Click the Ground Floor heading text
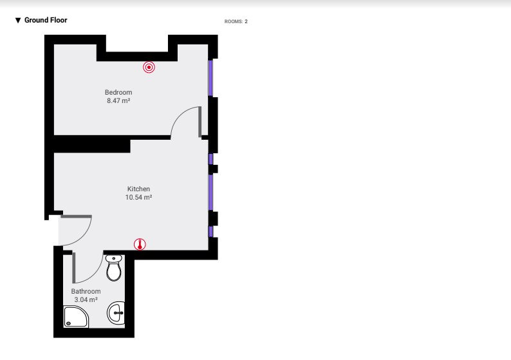46,20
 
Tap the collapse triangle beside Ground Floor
18,21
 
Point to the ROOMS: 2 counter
236,21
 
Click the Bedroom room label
118,92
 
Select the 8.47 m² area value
118,100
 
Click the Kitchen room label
138,189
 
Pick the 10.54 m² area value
138,197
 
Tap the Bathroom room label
86,291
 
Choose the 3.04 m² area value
86,299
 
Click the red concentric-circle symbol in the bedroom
149,67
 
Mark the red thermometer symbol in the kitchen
140,244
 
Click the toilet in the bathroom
114,268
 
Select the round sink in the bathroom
116,313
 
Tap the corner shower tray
76,317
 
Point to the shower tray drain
68,323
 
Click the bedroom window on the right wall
210,78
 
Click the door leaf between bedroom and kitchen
200,122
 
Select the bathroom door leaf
73,267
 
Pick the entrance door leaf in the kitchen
76,216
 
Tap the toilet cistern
114,258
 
